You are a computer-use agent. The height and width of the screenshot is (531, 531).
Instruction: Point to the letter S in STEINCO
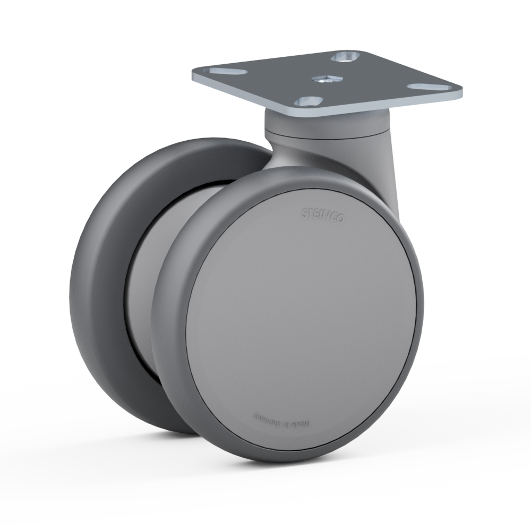click(305, 212)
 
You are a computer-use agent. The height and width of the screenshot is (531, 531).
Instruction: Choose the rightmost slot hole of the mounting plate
click(425, 86)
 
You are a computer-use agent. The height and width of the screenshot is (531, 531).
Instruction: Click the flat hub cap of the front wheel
click(300, 313)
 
